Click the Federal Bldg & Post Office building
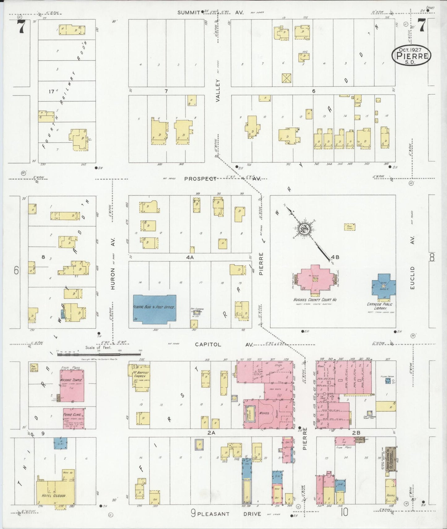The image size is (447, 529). [154, 309]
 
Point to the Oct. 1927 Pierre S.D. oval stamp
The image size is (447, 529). [411, 56]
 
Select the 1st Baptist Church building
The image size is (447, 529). [140, 377]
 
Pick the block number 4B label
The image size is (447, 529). [335, 257]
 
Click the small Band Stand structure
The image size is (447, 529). [350, 227]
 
